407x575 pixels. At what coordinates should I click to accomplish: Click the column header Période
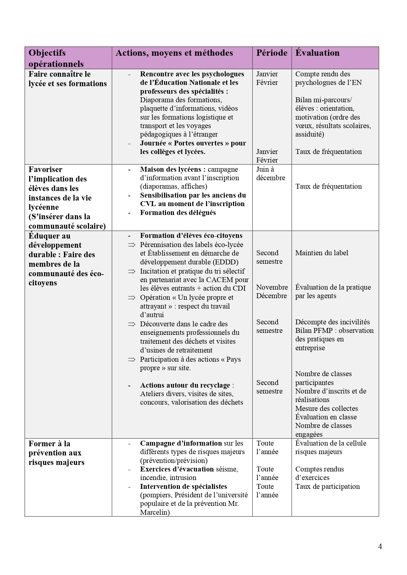(272, 53)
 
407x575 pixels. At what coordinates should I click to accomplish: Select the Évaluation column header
(317, 53)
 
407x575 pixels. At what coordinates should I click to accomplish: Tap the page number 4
(380, 546)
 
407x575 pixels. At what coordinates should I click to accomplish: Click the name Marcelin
(155, 512)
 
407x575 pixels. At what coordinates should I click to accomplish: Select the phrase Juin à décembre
(270, 174)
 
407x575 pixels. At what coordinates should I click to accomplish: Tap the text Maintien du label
(321, 253)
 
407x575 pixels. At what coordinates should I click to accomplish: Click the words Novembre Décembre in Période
(272, 292)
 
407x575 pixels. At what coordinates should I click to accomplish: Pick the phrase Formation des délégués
(178, 213)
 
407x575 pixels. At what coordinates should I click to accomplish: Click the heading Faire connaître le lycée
(67, 79)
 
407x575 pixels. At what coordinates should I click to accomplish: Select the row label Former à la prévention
(56, 453)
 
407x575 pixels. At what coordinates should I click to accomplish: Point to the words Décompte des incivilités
(332, 322)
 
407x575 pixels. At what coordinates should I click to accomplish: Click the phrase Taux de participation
(327, 487)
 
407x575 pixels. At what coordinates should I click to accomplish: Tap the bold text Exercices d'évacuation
(177, 469)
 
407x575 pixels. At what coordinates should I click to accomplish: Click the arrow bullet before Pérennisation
(132, 245)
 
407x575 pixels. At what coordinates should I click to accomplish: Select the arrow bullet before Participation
(132, 360)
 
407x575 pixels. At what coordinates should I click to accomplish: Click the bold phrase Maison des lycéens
(173, 169)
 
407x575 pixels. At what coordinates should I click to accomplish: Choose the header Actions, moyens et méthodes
(174, 53)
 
